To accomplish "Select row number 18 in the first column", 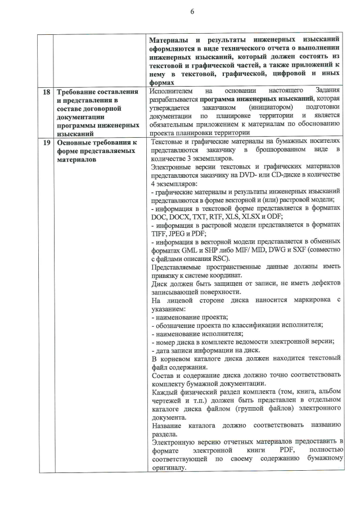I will tap(44, 92).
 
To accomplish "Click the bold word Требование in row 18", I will tap(79, 92).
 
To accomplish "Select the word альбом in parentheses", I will tap(330, 391).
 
